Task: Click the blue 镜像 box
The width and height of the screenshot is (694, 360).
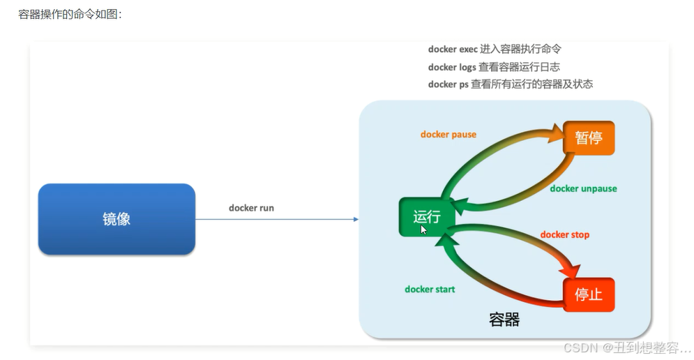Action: tap(116, 219)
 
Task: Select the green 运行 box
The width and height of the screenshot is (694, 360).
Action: tap(426, 217)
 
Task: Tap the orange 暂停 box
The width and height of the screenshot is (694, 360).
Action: tap(589, 138)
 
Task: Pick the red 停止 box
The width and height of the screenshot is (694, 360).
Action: tap(589, 294)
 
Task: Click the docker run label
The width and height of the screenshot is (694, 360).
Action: tap(251, 208)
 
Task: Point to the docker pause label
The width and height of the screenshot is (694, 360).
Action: tap(448, 134)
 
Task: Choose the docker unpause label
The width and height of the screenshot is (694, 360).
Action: tap(583, 188)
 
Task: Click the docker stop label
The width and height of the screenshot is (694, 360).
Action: tap(564, 234)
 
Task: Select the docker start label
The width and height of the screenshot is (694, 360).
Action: tap(430, 289)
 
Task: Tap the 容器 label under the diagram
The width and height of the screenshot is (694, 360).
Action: tap(504, 320)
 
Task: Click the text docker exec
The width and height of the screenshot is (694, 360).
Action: tap(453, 50)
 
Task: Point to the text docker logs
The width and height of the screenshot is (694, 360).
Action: tap(452, 67)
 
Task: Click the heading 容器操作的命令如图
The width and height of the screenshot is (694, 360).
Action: tap(70, 14)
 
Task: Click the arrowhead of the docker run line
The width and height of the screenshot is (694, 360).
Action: tap(355, 219)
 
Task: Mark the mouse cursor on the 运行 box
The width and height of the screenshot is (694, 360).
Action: tap(424, 230)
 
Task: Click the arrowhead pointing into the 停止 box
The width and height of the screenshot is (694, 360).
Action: tap(574, 269)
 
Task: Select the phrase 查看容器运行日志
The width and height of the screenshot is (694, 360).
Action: tap(519, 67)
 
